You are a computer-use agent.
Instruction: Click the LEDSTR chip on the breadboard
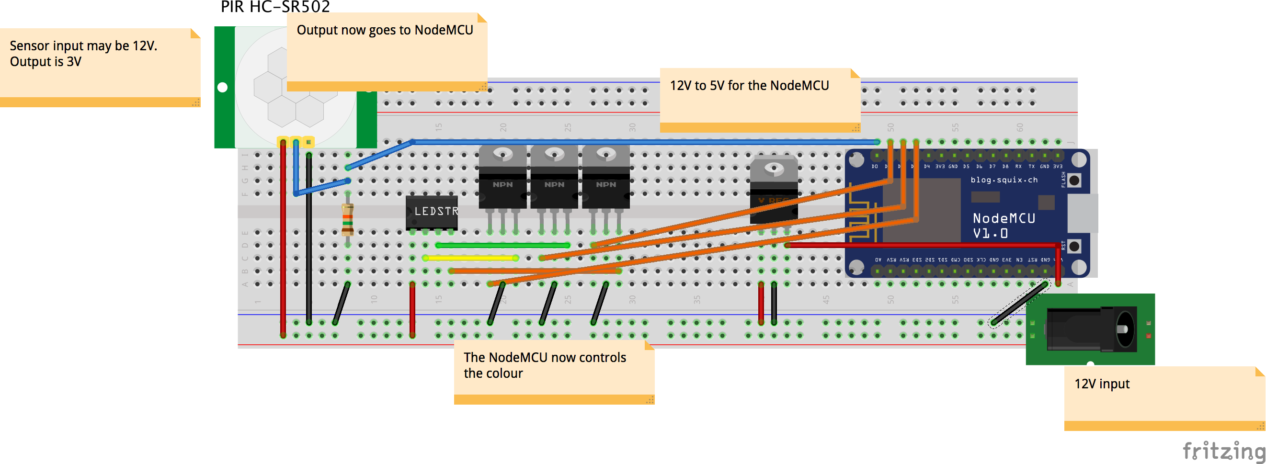pos(432,212)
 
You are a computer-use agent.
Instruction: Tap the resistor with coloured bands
pos(347,219)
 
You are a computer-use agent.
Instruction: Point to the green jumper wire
pos(502,245)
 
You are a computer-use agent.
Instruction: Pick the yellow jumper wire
pos(470,258)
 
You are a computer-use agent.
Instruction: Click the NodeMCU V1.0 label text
pos(1004,226)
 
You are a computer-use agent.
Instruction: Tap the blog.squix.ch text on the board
pos(1004,180)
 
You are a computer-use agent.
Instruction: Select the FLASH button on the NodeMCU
pos(1074,181)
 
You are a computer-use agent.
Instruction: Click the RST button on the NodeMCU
pos(1074,246)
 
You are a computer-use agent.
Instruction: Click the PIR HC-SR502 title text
pos(275,7)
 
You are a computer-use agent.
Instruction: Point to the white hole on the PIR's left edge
pos(223,88)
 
